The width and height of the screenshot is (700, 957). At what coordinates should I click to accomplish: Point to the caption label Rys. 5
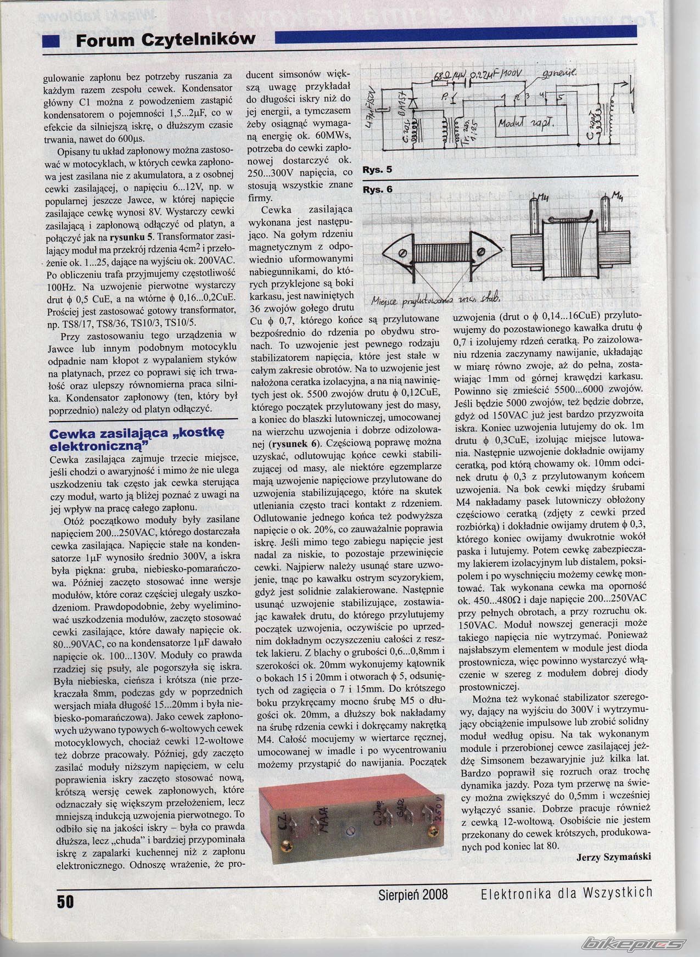point(377,170)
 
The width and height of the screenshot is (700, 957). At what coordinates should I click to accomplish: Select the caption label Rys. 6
point(377,189)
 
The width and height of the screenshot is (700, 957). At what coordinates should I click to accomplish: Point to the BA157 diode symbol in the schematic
point(414,103)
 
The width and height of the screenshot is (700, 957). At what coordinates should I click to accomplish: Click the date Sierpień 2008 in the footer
point(413,894)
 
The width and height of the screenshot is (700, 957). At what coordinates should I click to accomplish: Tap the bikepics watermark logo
point(634,944)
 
